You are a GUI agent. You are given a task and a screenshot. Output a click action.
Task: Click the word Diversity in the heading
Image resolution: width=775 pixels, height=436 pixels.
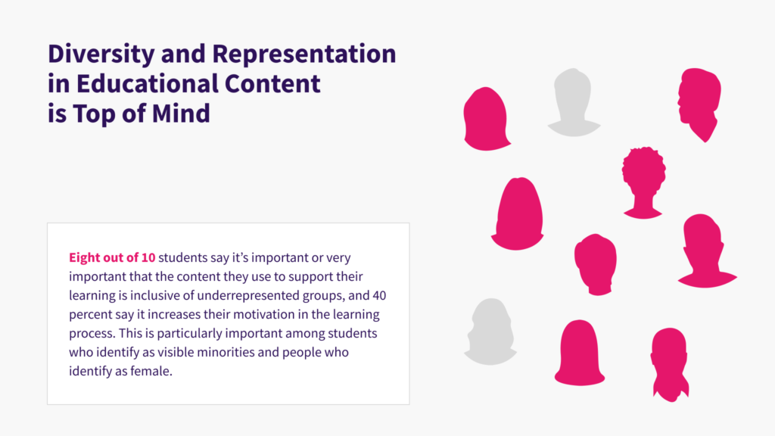pyautogui.click(x=101, y=54)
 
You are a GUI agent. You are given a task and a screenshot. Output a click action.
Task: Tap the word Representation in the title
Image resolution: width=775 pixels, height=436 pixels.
pyautogui.click(x=304, y=54)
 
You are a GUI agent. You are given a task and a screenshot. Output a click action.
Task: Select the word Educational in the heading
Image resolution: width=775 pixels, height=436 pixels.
pyautogui.click(x=148, y=83)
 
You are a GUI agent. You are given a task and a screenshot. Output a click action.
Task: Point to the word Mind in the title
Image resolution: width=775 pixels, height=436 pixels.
pyautogui.click(x=181, y=114)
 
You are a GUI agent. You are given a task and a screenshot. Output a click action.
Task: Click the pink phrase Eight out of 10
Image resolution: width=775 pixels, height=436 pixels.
pyautogui.click(x=112, y=257)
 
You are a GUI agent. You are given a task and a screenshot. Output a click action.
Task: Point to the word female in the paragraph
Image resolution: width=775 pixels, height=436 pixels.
pyautogui.click(x=151, y=371)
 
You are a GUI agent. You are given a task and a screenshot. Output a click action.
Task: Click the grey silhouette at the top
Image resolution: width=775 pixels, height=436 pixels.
pyautogui.click(x=574, y=102)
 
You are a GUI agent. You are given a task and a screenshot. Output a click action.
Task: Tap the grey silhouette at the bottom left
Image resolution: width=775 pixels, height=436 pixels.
pyautogui.click(x=490, y=332)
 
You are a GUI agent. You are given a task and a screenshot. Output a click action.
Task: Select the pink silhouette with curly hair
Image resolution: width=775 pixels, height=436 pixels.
pyautogui.click(x=643, y=182)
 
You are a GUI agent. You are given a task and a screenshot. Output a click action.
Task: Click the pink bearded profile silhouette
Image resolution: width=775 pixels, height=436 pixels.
pyautogui.click(x=699, y=104)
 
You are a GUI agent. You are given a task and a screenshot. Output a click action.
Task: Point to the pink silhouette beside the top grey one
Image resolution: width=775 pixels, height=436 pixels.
pyautogui.click(x=487, y=119)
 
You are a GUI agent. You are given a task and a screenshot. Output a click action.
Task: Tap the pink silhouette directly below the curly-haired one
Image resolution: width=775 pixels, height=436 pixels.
pyautogui.click(x=708, y=251)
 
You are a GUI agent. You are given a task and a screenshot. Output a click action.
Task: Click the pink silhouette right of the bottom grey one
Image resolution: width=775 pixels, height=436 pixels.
pyautogui.click(x=579, y=353)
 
